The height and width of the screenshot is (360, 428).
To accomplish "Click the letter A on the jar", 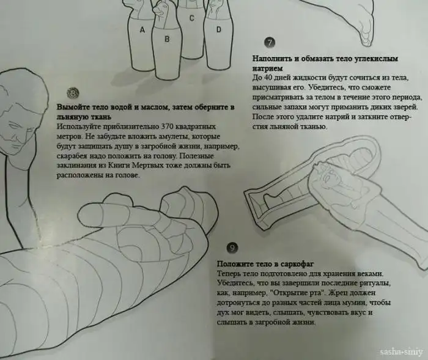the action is [142, 29].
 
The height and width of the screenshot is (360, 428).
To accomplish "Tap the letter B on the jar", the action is [167, 39].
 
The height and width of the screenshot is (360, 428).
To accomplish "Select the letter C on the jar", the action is [192, 18].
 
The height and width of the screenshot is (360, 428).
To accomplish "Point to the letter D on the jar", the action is [218, 29].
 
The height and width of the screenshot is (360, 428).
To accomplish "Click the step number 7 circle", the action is [270, 43].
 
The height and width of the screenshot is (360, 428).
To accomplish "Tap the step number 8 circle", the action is [73, 93].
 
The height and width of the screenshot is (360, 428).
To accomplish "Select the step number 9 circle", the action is [232, 248].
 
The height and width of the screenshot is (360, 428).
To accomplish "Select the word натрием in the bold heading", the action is [268, 68].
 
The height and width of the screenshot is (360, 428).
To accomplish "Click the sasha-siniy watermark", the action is [401, 352].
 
